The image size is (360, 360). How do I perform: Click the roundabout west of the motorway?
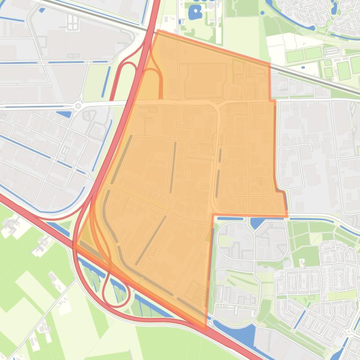point(78,106)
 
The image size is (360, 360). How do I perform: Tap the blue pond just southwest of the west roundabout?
point(64,113)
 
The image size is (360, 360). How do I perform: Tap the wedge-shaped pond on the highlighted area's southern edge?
point(256,222)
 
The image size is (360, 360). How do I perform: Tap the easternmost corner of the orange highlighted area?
point(287,216)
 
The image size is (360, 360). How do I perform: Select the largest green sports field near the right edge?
point(344,70)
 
